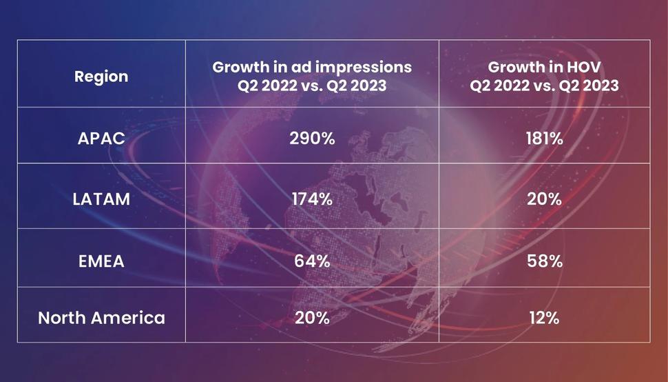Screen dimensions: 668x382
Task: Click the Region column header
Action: tap(101, 77)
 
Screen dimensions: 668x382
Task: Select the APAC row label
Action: tap(101, 139)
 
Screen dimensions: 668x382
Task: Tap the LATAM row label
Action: tap(101, 199)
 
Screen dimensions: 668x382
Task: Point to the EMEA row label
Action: tap(101, 261)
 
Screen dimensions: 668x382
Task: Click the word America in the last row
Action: tap(128, 318)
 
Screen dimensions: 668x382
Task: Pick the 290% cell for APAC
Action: tap(312, 139)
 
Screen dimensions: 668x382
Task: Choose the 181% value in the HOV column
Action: tap(544, 139)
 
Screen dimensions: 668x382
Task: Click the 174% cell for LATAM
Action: tap(312, 199)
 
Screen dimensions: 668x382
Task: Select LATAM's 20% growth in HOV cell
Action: tap(544, 199)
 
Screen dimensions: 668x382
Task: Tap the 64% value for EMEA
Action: tap(312, 261)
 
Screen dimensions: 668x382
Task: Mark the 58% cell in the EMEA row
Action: tap(544, 261)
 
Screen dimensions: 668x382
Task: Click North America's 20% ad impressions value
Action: tap(312, 318)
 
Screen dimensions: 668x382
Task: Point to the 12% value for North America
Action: tap(544, 318)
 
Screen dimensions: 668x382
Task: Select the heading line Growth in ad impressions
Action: tap(312, 68)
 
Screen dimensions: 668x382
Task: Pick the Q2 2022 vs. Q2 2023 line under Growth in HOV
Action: tap(544, 86)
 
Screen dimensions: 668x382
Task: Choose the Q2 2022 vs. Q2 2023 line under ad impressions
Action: tap(312, 86)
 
